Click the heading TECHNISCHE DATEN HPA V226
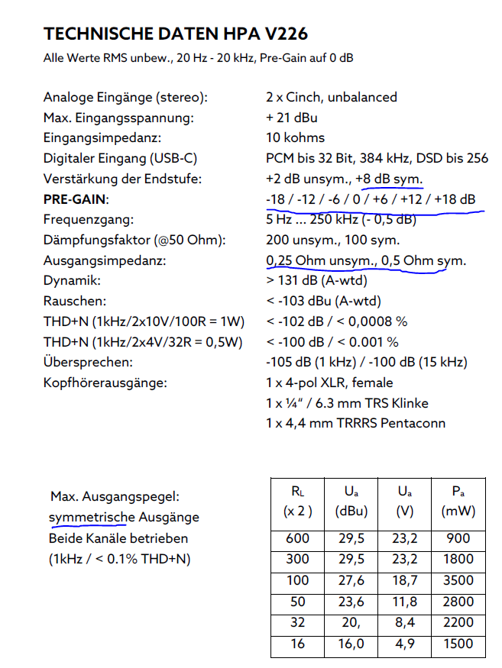[176, 34]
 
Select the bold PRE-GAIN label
[76, 200]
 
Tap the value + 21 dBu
[292, 118]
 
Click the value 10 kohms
[295, 138]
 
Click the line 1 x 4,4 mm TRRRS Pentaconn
[356, 423]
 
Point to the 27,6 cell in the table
[351, 580]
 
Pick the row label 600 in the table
[297, 538]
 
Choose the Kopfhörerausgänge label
[105, 383]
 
